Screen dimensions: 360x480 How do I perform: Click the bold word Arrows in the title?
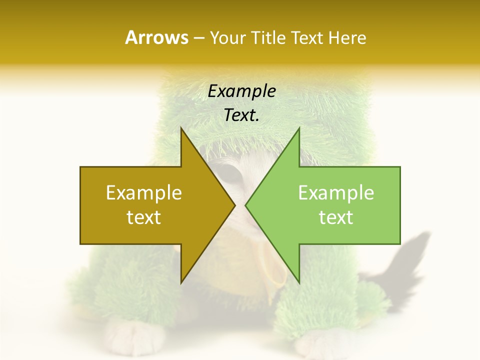[156, 37]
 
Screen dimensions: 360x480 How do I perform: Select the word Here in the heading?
[347, 37]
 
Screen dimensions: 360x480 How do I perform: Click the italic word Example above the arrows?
[242, 91]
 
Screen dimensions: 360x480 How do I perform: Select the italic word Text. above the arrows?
[242, 115]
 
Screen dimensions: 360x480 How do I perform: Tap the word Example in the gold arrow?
[144, 192]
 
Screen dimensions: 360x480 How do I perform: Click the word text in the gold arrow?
[144, 217]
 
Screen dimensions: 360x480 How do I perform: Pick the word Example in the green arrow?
[336, 192]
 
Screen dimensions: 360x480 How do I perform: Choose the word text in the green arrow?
[336, 217]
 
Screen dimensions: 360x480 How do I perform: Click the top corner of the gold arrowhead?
[181, 129]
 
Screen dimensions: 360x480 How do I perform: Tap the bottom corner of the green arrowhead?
[299, 282]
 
